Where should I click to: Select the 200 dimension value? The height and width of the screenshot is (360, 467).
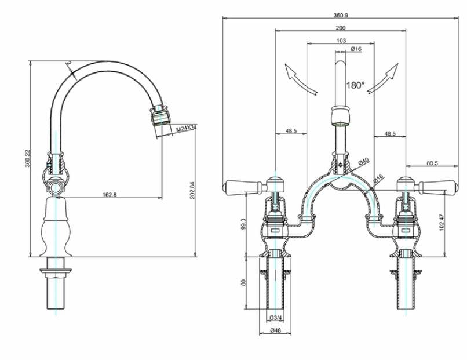[x=341, y=27]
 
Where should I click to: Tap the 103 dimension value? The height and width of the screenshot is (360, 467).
[x=341, y=41]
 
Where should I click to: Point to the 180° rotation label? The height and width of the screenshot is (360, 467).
[x=355, y=85]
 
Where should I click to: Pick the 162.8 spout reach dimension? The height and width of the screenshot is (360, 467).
[x=109, y=195]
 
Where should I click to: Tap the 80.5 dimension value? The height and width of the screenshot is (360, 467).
[x=432, y=163]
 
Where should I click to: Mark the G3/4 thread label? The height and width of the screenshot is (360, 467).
[x=276, y=318]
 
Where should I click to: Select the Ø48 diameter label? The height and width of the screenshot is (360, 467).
[x=276, y=331]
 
